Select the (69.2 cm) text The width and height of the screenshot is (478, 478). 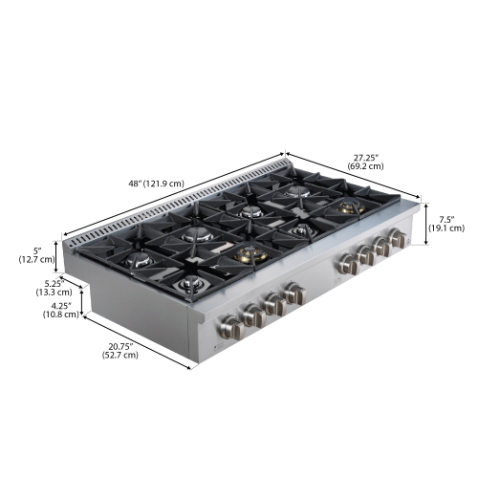point(367,166)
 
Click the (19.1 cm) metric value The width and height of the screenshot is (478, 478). point(445,228)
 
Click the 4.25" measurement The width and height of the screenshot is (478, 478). point(62,308)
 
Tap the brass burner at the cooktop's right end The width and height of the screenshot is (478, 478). point(346,206)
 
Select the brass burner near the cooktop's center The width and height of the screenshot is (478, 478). point(250,253)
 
